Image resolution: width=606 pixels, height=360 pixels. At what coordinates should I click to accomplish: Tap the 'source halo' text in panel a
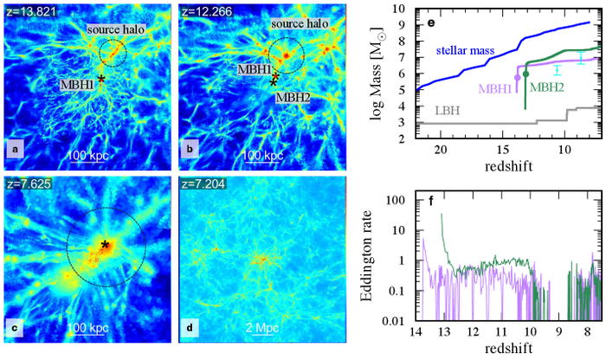click(x=114, y=29)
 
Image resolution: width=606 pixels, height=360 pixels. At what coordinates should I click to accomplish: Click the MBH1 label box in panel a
click(x=78, y=85)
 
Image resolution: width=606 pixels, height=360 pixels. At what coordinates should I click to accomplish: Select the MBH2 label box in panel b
click(x=292, y=98)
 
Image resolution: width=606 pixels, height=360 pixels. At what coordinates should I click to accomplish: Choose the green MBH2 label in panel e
click(x=548, y=87)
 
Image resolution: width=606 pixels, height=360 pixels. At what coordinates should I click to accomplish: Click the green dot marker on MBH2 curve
click(x=525, y=74)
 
